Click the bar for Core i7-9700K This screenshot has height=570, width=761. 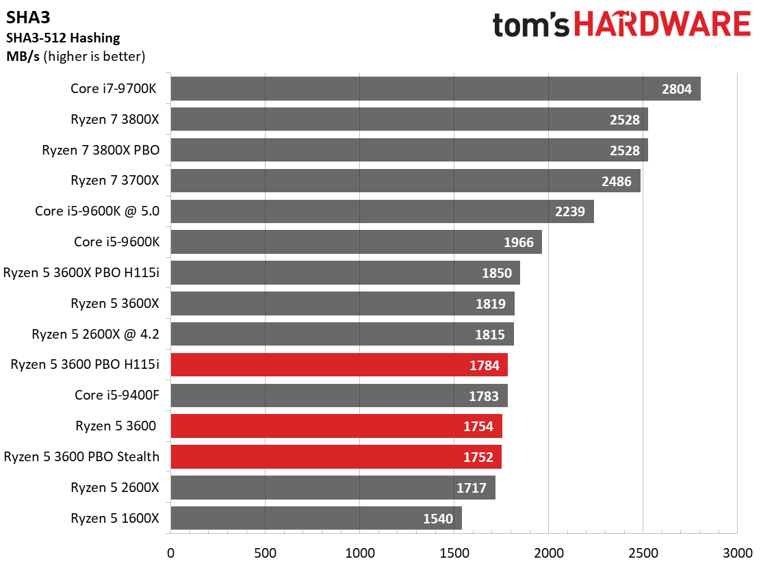pos(435,89)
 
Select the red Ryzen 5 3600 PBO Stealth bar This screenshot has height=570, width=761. pos(336,457)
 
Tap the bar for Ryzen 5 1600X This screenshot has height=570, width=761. pos(316,518)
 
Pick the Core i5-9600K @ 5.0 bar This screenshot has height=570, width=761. pos(382,211)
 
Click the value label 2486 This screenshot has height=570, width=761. pos(617,181)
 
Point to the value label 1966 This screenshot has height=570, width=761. pos(518,242)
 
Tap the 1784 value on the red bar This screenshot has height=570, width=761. pos(484,365)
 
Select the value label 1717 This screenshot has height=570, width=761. pos(472,488)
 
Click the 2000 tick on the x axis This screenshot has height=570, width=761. pos(549,553)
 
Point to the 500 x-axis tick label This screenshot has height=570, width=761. pos(265,553)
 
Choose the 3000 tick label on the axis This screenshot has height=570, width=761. pos(738,553)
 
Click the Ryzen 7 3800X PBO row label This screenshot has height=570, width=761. pos(101,151)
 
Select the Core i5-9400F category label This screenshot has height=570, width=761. pos(116,396)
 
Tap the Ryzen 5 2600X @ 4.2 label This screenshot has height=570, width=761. pos(95,334)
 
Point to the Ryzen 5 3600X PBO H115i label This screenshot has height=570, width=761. pos(81,272)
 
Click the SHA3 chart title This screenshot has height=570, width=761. pos(28,18)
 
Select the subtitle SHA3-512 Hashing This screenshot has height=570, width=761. pos(63,38)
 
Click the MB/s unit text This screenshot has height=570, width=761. pos(23,56)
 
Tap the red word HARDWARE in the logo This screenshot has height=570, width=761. pos(662,24)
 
